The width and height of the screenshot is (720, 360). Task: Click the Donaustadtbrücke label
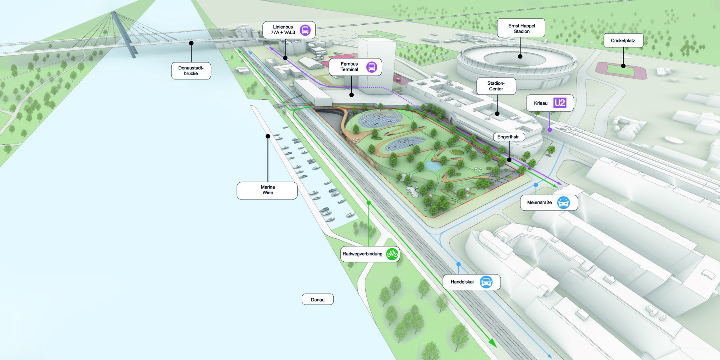pyautogui.click(x=191, y=70)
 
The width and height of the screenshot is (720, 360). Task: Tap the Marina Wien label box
pyautogui.click(x=267, y=190)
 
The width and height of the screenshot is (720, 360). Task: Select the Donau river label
pyautogui.click(x=318, y=299)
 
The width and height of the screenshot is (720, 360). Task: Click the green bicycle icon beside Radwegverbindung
pyautogui.click(x=392, y=254)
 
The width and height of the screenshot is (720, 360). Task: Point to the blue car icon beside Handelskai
pyautogui.click(x=486, y=282)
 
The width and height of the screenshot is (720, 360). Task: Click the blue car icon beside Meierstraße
pyautogui.click(x=563, y=202)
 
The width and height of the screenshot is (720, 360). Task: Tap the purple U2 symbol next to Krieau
pyautogui.click(x=559, y=103)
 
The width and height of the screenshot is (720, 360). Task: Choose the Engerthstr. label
pyautogui.click(x=509, y=137)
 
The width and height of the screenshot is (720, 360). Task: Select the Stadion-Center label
pyautogui.click(x=496, y=86)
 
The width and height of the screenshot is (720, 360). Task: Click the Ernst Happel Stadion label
pyautogui.click(x=521, y=28)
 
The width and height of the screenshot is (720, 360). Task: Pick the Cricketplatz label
pyautogui.click(x=623, y=40)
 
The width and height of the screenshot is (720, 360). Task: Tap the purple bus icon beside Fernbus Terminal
pyautogui.click(x=372, y=67)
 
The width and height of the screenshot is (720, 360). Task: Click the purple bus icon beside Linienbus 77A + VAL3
pyautogui.click(x=305, y=30)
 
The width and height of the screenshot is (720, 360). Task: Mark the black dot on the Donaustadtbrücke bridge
pyautogui.click(x=191, y=43)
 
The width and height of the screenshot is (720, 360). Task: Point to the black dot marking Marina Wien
pyautogui.click(x=268, y=136)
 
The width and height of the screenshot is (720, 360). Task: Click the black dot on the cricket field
pyautogui.click(x=623, y=66)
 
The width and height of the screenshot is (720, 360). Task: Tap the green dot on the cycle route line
pyautogui.click(x=369, y=203)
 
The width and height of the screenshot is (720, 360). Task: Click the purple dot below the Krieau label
pyautogui.click(x=550, y=130)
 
